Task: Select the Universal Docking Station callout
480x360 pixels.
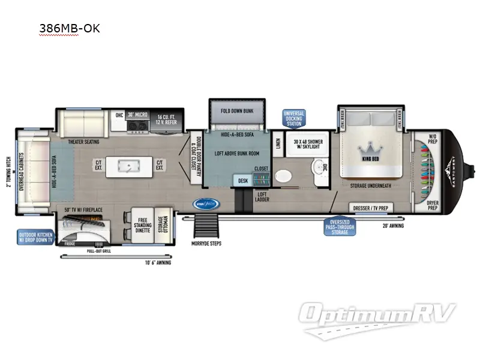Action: tap(293, 118)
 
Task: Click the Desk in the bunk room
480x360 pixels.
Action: tap(242, 180)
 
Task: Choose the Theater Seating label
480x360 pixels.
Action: tap(84, 142)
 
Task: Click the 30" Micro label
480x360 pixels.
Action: tap(137, 114)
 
